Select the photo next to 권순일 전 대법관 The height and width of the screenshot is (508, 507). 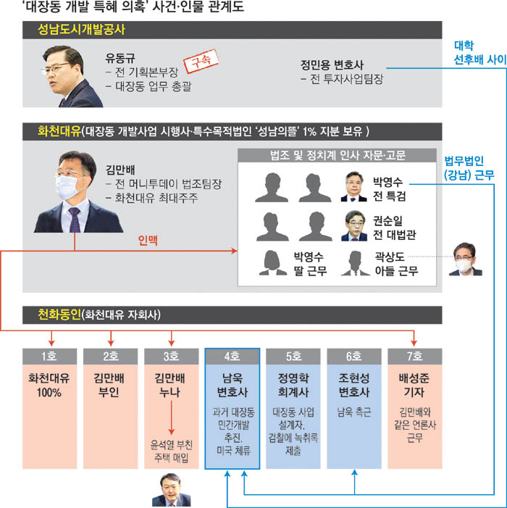point(354,225)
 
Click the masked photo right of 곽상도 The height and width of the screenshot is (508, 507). point(464,259)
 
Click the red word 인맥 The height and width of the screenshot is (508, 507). point(148,238)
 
